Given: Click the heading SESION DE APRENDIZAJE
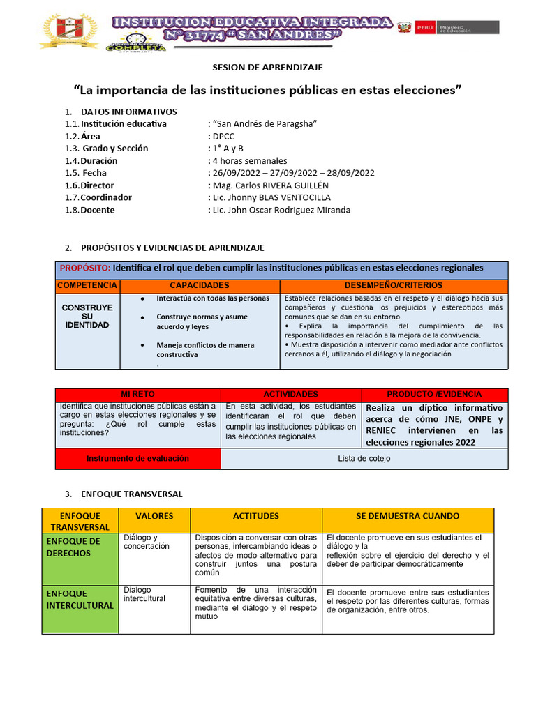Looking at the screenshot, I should (267, 67).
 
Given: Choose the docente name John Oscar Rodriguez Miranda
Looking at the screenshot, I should (281, 210).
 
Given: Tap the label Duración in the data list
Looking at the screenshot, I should (99, 160).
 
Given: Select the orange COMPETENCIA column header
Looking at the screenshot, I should (87, 286).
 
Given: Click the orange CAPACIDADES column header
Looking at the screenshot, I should (200, 286).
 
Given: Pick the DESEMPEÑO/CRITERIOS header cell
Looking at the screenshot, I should (394, 286).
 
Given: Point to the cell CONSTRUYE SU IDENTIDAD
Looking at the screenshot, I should (87, 317).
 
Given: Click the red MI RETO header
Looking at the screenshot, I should (137, 395).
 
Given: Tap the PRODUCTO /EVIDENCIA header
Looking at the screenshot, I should (434, 395).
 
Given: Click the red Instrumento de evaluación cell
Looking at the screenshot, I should (137, 459).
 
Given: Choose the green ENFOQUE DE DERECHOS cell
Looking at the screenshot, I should (73, 547).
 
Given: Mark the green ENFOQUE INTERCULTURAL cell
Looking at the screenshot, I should (79, 599).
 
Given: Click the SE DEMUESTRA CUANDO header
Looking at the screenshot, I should (407, 516).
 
